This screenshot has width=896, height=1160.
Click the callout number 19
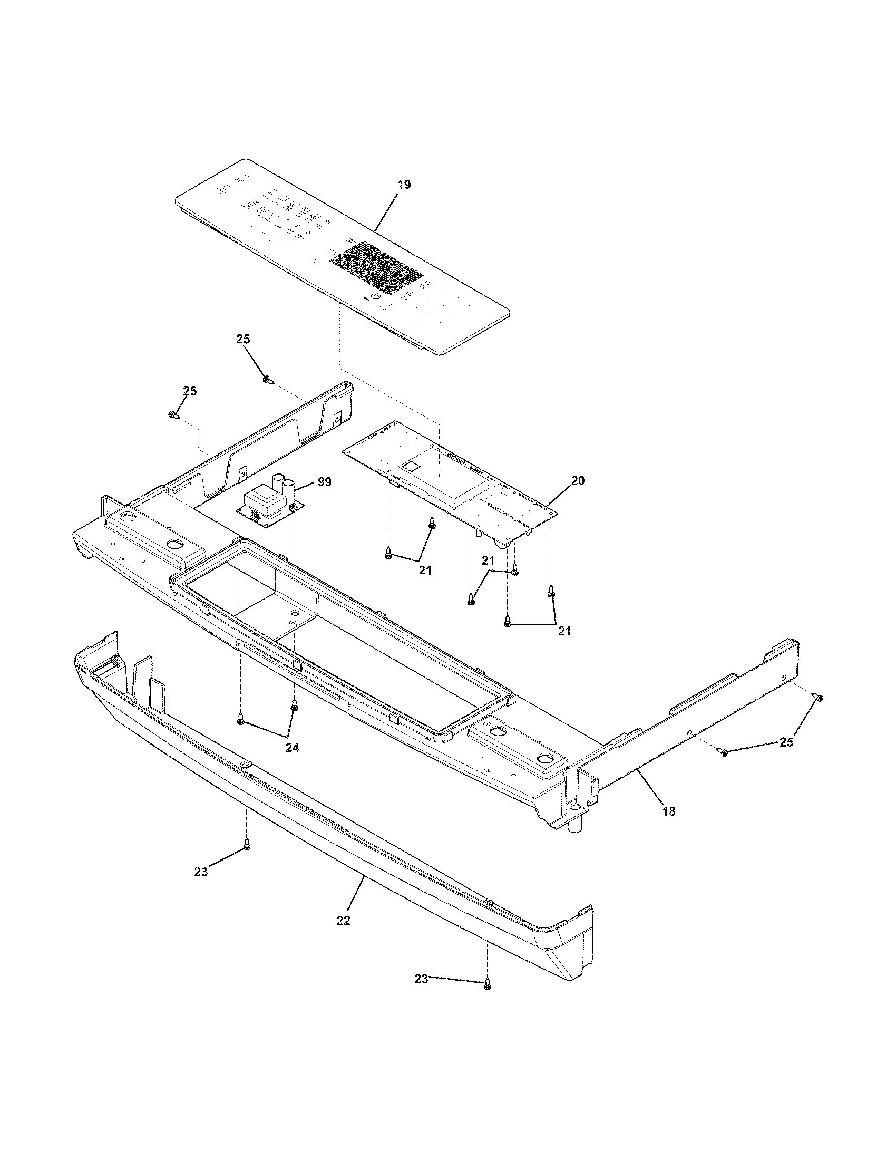click(404, 185)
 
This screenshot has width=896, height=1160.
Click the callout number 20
click(578, 481)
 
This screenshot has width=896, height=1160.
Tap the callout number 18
click(669, 811)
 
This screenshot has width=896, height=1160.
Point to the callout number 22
click(344, 921)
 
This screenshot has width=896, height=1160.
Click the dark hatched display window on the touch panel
click(376, 268)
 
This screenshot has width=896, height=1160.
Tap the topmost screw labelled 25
click(268, 379)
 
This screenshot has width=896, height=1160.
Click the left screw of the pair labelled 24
click(241, 721)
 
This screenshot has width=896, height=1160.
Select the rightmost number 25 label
click(786, 742)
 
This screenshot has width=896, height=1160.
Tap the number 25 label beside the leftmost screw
click(190, 391)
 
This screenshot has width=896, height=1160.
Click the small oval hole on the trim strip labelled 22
click(246, 765)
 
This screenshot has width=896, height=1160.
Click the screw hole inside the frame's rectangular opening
click(293, 621)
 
